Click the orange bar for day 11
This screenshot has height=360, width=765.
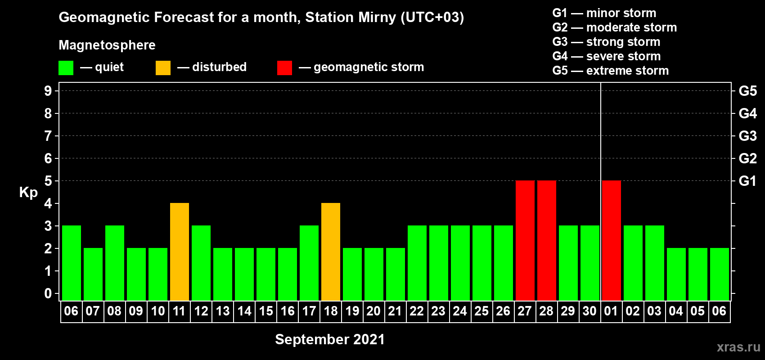tap(179, 252)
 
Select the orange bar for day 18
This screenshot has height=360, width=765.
tap(331, 252)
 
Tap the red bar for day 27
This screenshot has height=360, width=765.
tap(525, 240)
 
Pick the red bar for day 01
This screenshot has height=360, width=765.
tap(611, 240)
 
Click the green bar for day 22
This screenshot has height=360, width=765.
tap(417, 263)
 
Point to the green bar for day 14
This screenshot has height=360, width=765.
tap(244, 274)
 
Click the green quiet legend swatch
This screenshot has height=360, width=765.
tap(66, 67)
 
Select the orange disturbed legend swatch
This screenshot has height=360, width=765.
tap(163, 67)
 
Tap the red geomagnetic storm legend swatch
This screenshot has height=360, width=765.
tap(284, 67)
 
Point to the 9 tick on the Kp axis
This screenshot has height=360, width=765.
tap(48, 91)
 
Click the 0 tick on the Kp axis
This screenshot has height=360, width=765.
tap(48, 293)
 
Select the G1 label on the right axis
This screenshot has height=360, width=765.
tap(747, 181)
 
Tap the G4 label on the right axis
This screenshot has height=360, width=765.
tap(747, 113)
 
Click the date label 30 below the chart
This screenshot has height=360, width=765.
tap(589, 311)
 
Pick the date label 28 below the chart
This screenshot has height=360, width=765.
tap(546, 311)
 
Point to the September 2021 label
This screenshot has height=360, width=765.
tap(330, 339)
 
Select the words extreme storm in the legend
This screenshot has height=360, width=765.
tap(627, 71)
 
